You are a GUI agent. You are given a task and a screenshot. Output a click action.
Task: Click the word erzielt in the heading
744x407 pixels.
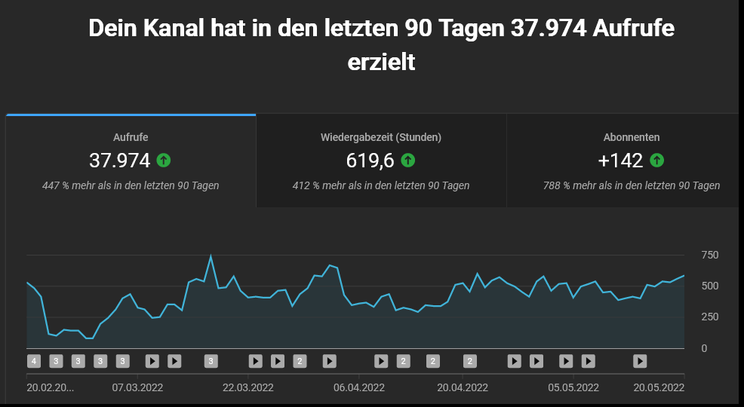tap(381, 62)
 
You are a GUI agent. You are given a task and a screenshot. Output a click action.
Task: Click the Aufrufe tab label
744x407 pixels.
tap(131, 137)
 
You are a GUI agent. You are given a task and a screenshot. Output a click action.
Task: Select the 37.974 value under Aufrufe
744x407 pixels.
tap(120, 161)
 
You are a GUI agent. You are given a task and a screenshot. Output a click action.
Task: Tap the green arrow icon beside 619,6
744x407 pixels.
tap(408, 161)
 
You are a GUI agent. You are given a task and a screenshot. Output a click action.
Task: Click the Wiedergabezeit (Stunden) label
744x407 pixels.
tap(381, 137)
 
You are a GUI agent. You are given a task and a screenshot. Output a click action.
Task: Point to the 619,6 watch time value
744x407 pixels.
tap(370, 161)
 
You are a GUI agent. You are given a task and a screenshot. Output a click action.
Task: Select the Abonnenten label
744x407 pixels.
tap(632, 137)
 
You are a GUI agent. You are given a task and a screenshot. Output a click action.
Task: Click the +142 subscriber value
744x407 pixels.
tap(619, 161)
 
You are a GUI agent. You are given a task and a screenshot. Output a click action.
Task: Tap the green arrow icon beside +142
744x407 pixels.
tap(657, 161)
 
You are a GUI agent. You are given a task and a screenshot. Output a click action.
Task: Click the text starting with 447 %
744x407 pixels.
tap(131, 185)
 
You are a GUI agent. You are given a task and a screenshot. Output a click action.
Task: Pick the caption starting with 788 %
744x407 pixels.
tap(632, 185)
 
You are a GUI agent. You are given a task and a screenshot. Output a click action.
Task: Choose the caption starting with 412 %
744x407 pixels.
tap(381, 185)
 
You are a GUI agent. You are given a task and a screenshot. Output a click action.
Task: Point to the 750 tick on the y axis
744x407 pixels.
tap(709, 255)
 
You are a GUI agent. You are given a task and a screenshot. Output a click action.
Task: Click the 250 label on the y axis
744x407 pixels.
tap(709, 317)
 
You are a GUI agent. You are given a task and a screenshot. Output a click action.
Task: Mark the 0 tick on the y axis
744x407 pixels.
tap(704, 348)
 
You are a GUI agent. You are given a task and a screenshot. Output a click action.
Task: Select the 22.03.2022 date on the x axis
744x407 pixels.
tap(247, 387)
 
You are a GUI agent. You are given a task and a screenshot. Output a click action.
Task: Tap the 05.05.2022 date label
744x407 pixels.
tap(573, 387)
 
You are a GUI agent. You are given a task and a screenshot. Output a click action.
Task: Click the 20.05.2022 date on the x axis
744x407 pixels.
tap(659, 387)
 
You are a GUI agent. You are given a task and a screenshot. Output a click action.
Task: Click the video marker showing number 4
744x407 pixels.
tap(33, 361)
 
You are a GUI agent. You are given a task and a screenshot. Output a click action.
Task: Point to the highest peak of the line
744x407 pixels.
tap(211, 257)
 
